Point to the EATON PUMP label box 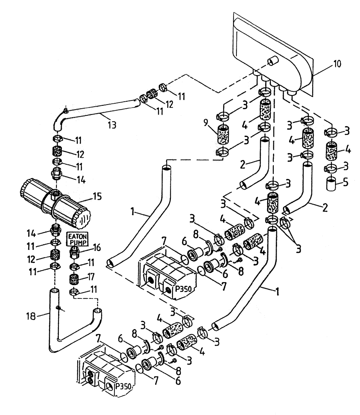[x=75, y=239]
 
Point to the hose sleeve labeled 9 [x=224, y=136]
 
